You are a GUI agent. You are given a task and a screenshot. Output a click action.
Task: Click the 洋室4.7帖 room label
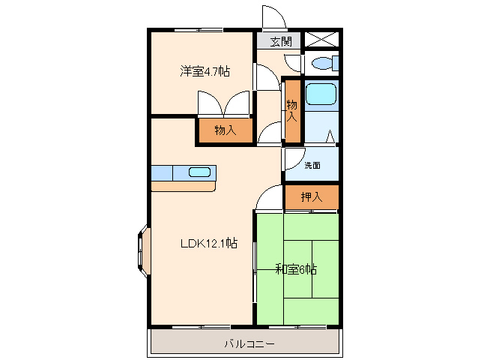pos(204,72)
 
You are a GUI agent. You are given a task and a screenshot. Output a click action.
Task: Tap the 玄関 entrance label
pos(282,42)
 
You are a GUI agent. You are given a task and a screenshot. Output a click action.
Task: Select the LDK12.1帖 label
pos(209,243)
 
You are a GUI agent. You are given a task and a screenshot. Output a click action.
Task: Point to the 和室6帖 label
pos(296,269)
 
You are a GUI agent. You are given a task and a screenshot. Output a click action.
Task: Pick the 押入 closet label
pos(312,197)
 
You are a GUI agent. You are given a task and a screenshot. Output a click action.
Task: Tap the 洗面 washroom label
pos(312,165)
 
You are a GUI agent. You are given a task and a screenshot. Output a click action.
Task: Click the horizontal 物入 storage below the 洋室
pos(225,130)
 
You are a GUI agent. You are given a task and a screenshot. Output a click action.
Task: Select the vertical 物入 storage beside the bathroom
pos(292,111)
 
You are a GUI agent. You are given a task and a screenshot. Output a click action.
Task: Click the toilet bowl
pos(324,63)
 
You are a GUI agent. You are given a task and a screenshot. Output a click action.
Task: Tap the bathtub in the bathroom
pos(321,94)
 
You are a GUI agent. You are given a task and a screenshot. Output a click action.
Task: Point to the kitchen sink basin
pos(199,172)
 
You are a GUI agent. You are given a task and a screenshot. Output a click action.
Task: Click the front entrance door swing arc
pos(272,17)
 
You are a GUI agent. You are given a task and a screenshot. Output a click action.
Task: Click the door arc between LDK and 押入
pos(268,199)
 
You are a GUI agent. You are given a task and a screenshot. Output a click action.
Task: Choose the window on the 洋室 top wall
pos(199,30)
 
